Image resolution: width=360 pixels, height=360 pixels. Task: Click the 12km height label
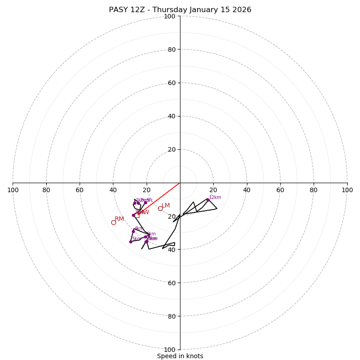(215, 198)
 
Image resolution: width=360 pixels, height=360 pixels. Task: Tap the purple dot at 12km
(208, 200)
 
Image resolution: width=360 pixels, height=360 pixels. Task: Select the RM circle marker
(113, 222)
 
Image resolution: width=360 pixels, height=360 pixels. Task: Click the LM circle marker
(160, 208)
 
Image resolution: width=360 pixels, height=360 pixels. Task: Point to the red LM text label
(166, 206)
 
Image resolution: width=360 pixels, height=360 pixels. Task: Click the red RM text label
(119, 219)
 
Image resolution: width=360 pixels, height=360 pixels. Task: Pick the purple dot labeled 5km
(130, 242)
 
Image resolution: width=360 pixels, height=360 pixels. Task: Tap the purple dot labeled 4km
(133, 231)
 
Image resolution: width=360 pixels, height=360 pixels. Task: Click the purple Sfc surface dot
(145, 202)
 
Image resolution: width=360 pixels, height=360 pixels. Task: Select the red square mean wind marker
(137, 216)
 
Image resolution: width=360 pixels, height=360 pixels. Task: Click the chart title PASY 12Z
(180, 10)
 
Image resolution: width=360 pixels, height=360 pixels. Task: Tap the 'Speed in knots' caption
(180, 356)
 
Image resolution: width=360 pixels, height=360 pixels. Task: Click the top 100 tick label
(170, 16)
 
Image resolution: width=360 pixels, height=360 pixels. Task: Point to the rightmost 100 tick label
(347, 190)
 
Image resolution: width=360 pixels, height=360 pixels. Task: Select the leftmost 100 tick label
(13, 190)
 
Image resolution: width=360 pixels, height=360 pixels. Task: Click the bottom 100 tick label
(170, 349)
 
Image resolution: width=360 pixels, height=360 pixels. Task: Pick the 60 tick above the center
(171, 83)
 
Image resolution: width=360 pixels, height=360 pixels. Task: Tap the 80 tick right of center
(314, 190)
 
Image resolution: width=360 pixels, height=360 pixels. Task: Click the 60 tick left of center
(80, 190)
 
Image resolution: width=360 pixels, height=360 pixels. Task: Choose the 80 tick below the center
(171, 316)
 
